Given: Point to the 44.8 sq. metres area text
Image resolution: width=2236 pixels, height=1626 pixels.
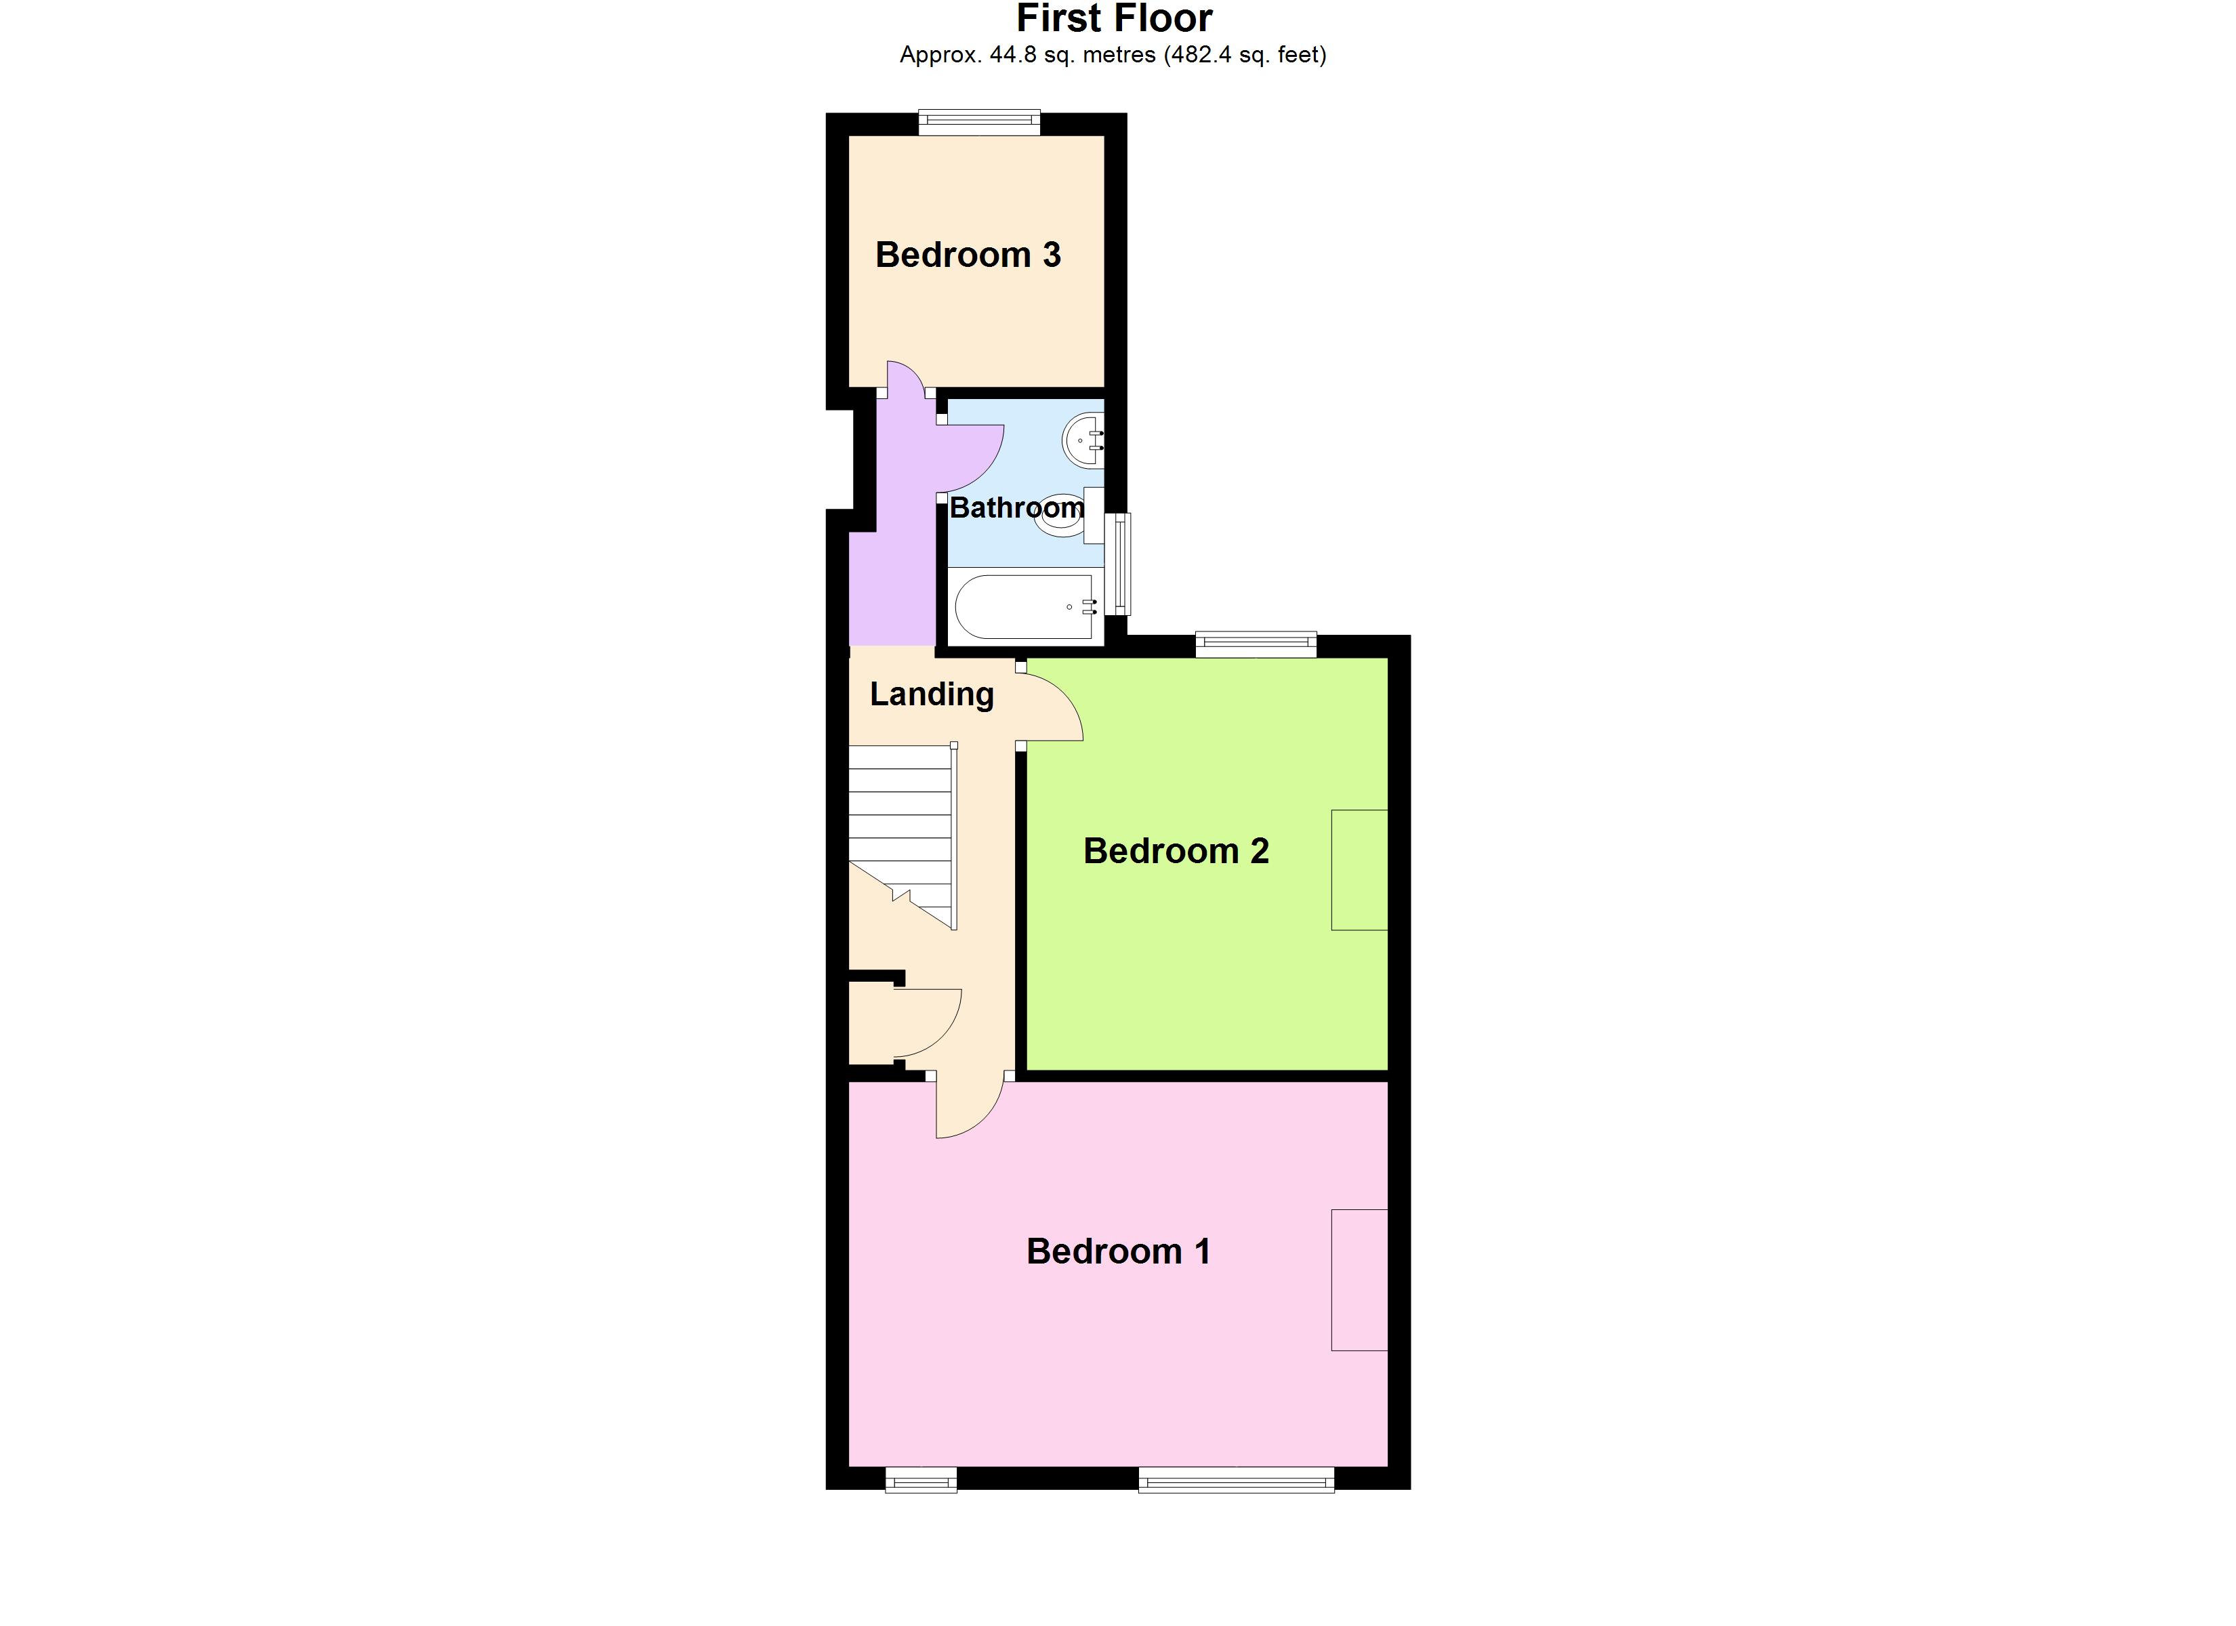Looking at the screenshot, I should point(1112,56).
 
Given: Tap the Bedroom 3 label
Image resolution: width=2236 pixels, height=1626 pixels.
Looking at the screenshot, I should point(968,255).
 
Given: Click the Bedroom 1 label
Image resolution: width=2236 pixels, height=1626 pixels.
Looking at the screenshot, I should point(1118,1251).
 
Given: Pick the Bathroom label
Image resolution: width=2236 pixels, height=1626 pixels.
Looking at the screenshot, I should point(1016,508).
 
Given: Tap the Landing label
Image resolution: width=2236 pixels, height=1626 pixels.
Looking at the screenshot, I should point(932,694).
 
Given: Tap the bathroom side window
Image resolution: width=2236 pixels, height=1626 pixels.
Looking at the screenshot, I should point(1118,564).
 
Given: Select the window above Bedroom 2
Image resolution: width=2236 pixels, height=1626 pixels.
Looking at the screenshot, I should point(1256,645).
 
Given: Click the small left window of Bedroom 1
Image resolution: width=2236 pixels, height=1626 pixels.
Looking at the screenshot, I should point(921,1480).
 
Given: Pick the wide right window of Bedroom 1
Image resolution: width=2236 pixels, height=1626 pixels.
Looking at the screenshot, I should point(1237,1480).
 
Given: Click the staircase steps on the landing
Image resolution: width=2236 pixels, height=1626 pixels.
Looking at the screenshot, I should point(901,818).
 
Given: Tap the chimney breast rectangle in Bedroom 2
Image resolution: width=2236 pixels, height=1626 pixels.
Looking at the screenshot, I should point(1359,870).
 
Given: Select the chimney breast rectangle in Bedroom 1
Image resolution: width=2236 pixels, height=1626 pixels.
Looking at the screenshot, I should point(1359,1280).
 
